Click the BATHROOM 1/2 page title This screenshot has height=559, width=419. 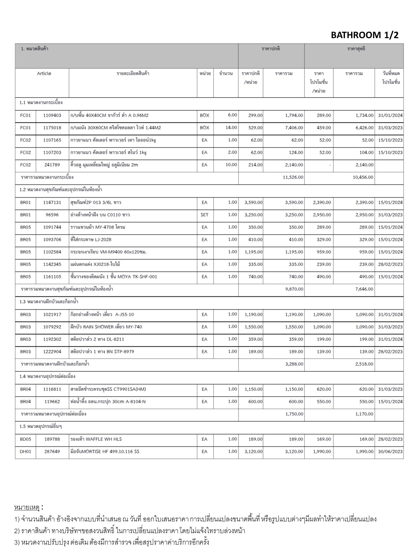[364, 35]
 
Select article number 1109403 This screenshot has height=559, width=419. [52, 115]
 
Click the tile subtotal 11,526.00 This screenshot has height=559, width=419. [293, 177]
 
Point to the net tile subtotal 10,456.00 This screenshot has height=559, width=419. [363, 177]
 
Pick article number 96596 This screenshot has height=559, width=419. [52, 215]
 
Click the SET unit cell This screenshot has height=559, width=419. [204, 215]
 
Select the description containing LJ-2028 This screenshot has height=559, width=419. [91, 240]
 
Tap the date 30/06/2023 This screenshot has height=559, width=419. [390, 452]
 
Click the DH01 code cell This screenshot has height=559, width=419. [25, 452]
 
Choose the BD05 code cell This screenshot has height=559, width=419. [25, 439]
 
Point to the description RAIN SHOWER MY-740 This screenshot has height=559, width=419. [106, 327]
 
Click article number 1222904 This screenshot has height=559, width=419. [52, 352]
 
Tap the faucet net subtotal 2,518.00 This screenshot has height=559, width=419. [364, 364]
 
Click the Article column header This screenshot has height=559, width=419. [44, 73]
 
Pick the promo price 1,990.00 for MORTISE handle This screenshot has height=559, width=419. [322, 452]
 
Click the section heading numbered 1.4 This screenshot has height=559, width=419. [47, 376]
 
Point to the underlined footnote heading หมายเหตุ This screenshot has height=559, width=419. [27, 507]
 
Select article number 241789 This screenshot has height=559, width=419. [52, 165]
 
